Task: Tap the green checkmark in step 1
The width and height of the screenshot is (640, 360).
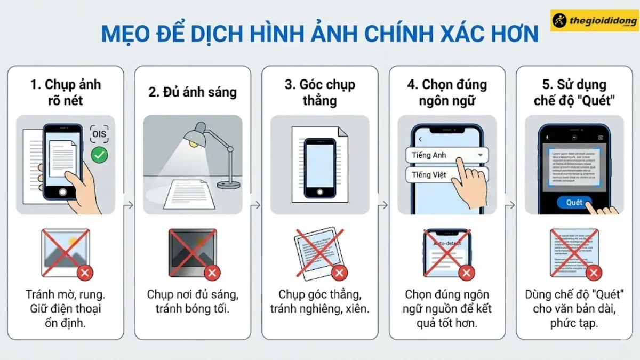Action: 99,155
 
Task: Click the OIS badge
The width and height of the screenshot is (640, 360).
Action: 99,134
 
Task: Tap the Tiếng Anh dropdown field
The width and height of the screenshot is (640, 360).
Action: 447,155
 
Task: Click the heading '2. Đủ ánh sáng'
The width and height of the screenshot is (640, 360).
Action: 193,92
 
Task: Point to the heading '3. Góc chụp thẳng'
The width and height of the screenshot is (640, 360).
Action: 319,92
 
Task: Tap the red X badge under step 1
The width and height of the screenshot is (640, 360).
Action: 85,273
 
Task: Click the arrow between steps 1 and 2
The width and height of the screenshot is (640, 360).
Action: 129,205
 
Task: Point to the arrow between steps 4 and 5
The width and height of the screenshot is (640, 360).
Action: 510,205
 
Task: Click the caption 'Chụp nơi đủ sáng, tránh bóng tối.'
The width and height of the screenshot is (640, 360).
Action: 193,301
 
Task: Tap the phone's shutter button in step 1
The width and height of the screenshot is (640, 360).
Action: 63,191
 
